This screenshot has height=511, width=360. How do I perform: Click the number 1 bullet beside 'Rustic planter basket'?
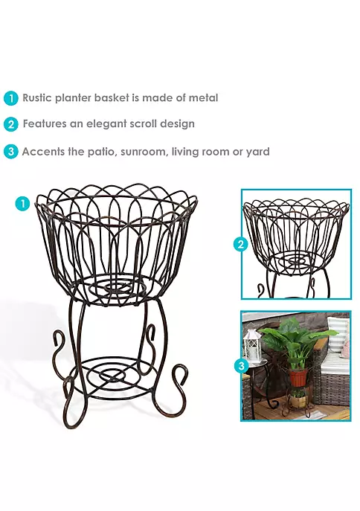point(11,98)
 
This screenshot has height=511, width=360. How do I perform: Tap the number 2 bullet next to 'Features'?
point(11,124)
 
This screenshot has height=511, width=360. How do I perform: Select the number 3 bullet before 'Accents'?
point(11,152)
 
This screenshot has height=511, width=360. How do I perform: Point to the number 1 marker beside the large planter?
point(22,204)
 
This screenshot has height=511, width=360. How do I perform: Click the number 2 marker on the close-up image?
point(241,244)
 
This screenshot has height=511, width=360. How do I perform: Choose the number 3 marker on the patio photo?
point(242,366)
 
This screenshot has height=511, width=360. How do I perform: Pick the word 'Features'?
point(45,123)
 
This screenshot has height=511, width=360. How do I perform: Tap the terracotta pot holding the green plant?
point(298,377)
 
